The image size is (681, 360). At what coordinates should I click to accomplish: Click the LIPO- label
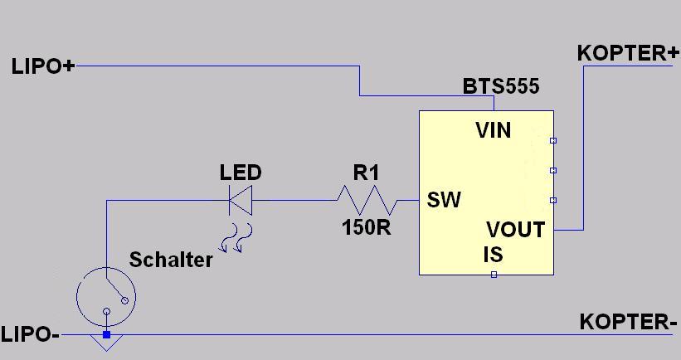[30, 335]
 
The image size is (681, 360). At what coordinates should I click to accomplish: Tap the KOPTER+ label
[628, 53]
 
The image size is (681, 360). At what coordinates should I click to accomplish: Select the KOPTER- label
[628, 322]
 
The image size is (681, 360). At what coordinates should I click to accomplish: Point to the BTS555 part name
[501, 86]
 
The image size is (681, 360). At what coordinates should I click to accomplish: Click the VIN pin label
[494, 130]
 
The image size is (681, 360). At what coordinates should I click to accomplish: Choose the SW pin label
[444, 200]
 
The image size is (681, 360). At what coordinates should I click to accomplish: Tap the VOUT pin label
[515, 230]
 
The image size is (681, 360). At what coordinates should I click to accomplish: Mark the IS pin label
[494, 254]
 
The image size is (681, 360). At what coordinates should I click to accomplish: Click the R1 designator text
[366, 173]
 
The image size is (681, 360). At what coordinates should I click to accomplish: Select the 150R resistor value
[366, 227]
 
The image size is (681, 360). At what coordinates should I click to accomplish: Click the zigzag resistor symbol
[366, 200]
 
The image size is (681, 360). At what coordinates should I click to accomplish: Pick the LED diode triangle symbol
[241, 200]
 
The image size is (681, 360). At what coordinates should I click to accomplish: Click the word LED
[241, 173]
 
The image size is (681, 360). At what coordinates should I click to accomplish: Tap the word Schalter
[171, 260]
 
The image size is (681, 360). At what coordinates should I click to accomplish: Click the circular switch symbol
[105, 296]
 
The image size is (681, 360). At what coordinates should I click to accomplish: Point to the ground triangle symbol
[106, 343]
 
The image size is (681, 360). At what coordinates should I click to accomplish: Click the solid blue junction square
[106, 334]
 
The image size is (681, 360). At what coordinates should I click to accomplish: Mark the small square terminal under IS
[494, 275]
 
